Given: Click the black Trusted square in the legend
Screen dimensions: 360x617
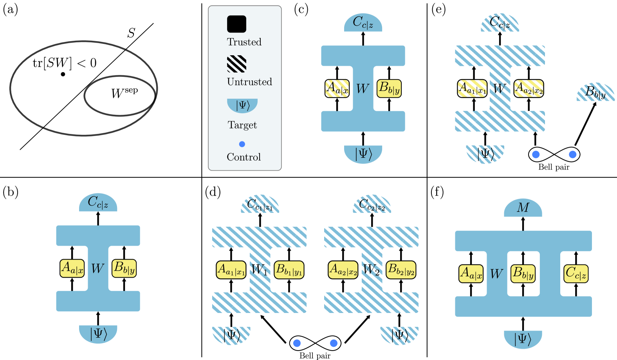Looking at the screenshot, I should pos(236,24).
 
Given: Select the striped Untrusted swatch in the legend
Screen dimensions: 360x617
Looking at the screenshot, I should pos(236,64).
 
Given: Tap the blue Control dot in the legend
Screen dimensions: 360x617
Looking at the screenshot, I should pos(242,144).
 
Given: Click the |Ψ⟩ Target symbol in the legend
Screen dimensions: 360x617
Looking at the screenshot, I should pos(242,105).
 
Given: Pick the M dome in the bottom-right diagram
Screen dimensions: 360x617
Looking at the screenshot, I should pos(523,208).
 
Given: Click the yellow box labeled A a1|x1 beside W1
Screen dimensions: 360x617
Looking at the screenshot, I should pos(231,270).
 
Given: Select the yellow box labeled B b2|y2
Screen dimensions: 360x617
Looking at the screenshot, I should pos(401,270).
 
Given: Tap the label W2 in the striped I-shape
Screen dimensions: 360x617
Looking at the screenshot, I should pos(371,270).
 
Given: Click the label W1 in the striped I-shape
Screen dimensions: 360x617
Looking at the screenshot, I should pos(260,270).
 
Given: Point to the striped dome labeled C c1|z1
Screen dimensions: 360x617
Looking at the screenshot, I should pos(260,205).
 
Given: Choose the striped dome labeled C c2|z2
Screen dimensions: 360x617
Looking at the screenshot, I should pos(372,205).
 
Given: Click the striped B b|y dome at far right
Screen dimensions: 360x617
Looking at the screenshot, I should pos(595,93).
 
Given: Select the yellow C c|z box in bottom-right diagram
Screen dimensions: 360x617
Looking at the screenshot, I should pos(576,273).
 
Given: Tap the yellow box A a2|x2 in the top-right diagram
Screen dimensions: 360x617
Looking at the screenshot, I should pos(529,89).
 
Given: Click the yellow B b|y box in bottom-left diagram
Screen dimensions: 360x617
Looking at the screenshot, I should pos(124,268).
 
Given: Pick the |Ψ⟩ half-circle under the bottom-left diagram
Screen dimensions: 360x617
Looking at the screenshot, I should pos(98,333).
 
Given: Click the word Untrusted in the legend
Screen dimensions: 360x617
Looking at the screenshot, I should pos(249,82).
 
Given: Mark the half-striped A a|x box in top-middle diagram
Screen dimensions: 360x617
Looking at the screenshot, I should pos(337,89).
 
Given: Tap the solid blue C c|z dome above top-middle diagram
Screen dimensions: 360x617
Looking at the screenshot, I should pos(363,24).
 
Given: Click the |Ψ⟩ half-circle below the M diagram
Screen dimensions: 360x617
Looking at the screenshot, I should pos(523,338).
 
